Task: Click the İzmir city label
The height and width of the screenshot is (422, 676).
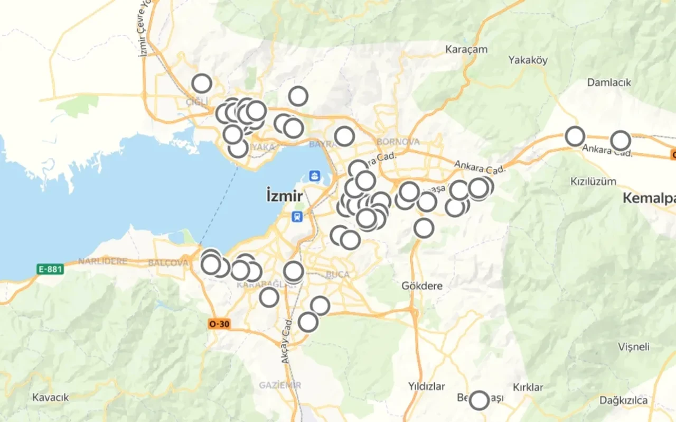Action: point(285,196)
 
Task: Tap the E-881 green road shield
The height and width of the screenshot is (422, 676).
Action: point(51,269)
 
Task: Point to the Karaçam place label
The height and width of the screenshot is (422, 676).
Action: point(466,49)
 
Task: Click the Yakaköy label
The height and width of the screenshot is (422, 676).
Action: point(528,60)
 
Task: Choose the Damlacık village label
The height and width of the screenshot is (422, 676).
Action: point(609,82)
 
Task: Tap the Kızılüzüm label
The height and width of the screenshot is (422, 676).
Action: point(593,181)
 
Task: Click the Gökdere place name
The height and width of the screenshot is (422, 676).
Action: point(422,286)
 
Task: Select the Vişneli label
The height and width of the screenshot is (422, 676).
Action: point(634,347)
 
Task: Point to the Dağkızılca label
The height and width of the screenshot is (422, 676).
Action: point(623,400)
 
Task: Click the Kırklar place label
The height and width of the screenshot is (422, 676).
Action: point(528,387)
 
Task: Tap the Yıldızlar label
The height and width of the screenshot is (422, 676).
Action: point(426,386)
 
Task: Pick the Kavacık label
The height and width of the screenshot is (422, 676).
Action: point(51,397)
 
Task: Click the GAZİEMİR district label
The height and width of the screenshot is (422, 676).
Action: point(280,385)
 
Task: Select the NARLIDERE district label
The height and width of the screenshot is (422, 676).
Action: point(102,261)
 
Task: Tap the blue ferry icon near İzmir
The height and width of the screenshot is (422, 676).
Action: point(315,176)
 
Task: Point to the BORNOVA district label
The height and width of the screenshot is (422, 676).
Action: point(398,142)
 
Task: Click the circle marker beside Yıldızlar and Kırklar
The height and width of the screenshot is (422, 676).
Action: point(479,400)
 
